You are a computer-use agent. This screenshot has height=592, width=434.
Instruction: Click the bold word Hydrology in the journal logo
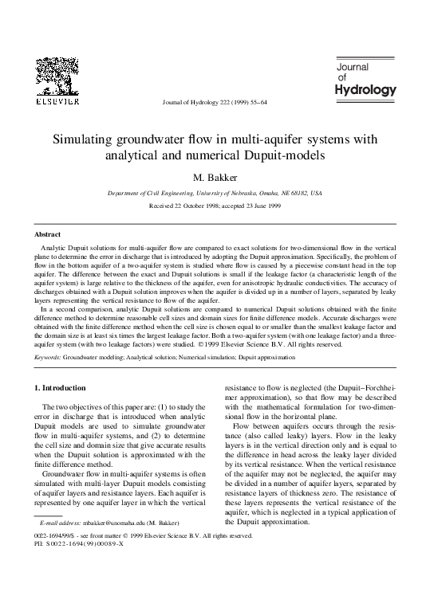365,89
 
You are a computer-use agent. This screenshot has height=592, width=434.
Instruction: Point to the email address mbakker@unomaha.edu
112,545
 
